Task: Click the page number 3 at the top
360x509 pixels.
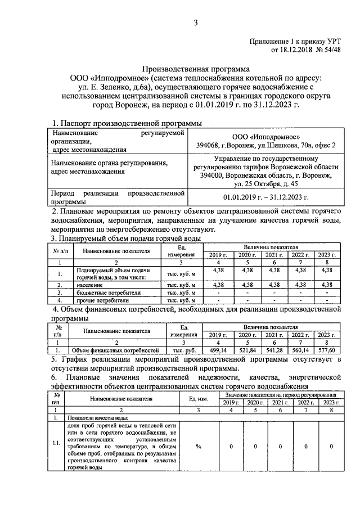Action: [x=196, y=22]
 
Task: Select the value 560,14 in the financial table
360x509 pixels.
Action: [x=300, y=350]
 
